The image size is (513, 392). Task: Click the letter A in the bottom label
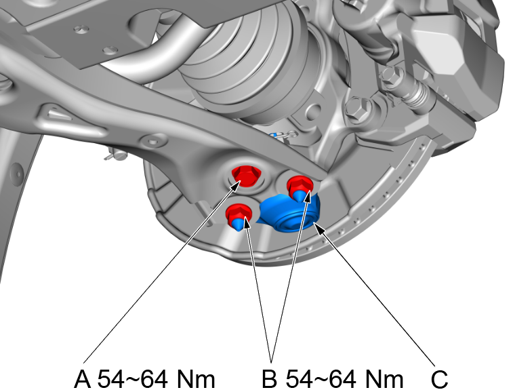[83, 379]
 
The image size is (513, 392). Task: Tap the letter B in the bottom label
[270, 379]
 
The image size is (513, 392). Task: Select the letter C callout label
[438, 379]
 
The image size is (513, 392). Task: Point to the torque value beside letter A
[157, 379]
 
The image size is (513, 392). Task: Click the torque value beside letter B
[344, 379]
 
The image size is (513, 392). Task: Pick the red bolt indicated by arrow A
[247, 176]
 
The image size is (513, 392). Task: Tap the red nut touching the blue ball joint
[300, 186]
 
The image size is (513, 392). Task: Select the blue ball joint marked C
[289, 213]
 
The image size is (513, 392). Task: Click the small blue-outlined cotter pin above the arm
[283, 134]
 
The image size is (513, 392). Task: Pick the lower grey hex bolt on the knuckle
[357, 109]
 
